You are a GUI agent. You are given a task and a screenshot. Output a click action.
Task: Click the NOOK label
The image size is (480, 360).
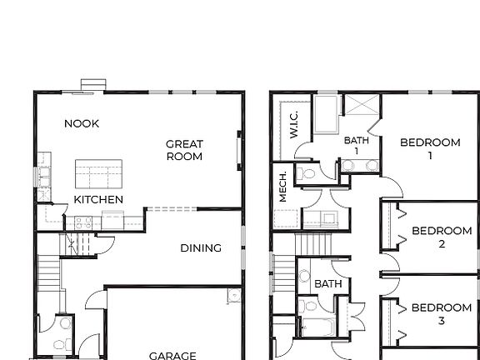[x=82, y=123]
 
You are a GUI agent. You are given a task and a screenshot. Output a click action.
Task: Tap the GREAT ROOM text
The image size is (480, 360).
[x=184, y=150]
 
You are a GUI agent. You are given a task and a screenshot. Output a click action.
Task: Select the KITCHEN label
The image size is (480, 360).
[x=98, y=200]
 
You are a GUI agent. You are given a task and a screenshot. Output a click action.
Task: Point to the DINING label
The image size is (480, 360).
[x=201, y=247]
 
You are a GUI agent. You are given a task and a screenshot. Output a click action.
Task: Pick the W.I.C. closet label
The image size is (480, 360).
[x=294, y=125]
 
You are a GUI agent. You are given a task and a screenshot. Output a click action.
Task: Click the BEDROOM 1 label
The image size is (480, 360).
[x=430, y=148]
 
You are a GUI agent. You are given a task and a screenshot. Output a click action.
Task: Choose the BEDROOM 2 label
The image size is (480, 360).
[x=442, y=237]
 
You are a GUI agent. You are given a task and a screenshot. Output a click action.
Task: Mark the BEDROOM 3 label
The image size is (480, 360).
[x=442, y=313]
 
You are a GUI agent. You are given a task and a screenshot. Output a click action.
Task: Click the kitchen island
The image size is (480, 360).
[x=99, y=174]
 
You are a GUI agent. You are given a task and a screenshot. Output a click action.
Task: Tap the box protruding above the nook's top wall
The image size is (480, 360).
[x=92, y=84]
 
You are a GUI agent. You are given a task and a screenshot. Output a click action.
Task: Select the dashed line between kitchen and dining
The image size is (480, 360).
[x=171, y=209]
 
